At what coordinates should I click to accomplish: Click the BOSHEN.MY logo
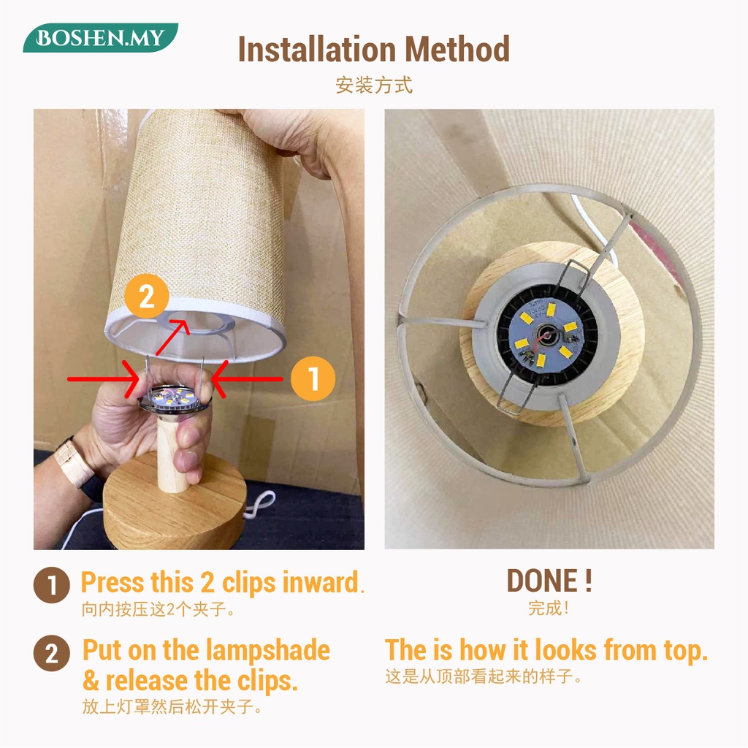[100, 38]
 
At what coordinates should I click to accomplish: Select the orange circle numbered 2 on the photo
[146, 297]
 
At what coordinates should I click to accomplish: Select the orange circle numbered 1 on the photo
[313, 378]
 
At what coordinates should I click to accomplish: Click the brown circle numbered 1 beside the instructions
[52, 585]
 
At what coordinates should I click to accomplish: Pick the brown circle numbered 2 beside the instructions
[52, 653]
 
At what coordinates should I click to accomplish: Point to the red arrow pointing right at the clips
[104, 379]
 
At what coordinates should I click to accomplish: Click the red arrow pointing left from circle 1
[247, 379]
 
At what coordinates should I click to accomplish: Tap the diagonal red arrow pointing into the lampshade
[172, 337]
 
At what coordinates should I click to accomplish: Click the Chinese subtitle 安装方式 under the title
[374, 85]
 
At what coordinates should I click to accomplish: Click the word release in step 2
[146, 681]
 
